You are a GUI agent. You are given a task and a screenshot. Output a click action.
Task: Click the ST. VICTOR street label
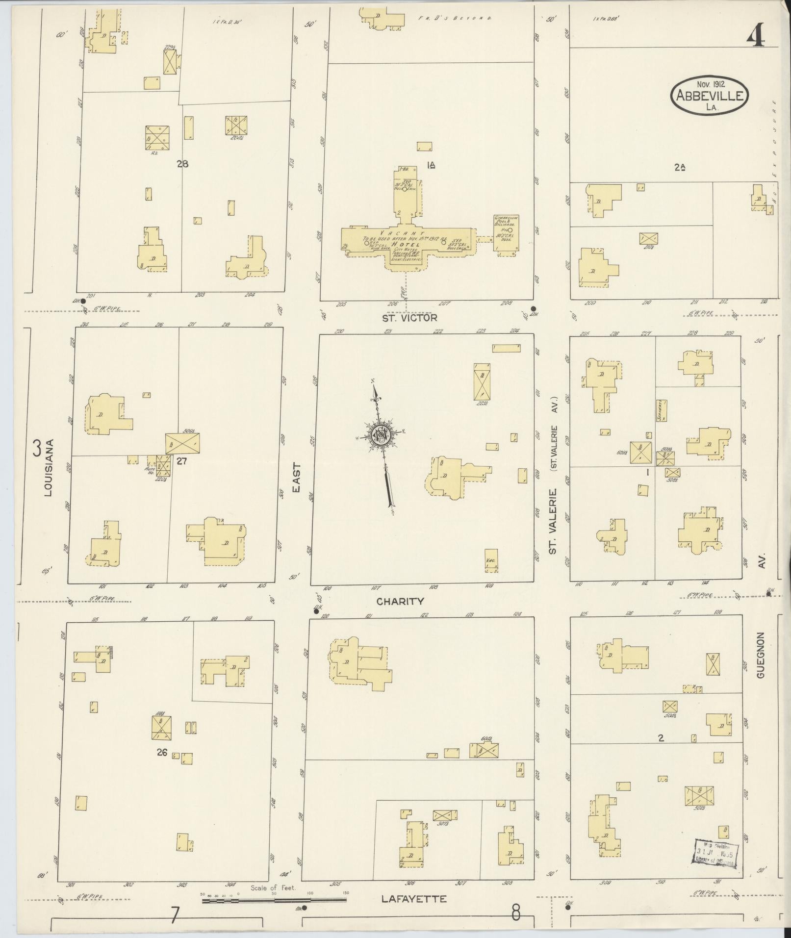click(409, 318)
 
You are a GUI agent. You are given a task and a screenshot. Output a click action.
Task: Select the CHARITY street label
click(400, 601)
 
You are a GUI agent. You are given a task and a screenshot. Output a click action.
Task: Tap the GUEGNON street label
click(761, 655)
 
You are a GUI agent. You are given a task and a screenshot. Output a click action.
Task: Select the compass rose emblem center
click(379, 434)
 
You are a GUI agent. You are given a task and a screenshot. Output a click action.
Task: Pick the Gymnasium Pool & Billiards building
click(507, 235)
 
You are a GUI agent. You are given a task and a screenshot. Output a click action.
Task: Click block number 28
click(182, 164)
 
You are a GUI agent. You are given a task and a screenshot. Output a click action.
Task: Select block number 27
click(182, 461)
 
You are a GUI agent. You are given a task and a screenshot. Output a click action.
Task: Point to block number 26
click(162, 752)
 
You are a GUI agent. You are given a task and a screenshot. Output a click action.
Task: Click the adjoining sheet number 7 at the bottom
click(175, 915)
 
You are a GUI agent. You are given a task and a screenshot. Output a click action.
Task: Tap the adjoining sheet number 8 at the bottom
click(516, 913)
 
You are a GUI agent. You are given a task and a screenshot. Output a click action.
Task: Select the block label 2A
click(679, 167)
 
